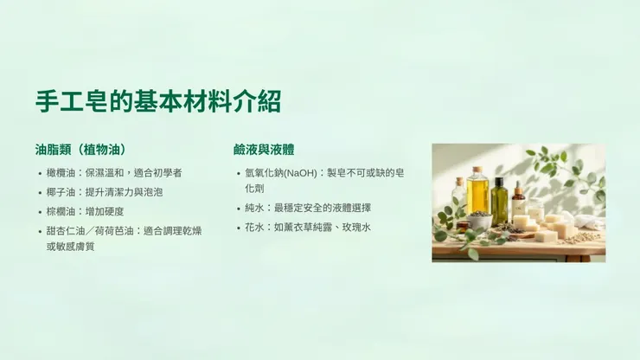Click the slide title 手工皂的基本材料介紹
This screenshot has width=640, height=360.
pyautogui.click(x=158, y=101)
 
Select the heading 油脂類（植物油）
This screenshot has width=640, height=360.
pyautogui.click(x=86, y=149)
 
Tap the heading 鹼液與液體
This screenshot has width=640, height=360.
pyautogui.click(x=265, y=149)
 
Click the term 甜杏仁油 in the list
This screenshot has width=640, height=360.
pyautogui.click(x=66, y=231)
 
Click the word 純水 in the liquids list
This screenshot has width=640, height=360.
pyautogui.click(x=254, y=208)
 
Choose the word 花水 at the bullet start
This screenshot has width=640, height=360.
pyautogui.click(x=254, y=227)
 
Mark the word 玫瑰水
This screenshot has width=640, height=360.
pyautogui.click(x=355, y=227)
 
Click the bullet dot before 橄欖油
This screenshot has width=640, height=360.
pyautogui.click(x=40, y=174)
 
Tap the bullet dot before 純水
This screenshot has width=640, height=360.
pyautogui.click(x=239, y=209)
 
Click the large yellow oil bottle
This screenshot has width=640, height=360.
pyautogui.click(x=477, y=194)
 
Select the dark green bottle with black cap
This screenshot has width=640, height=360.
pyautogui.click(x=499, y=201)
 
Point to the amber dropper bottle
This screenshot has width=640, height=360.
pyautogui.click(x=519, y=201)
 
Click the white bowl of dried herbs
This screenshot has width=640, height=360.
pyautogui.click(x=479, y=220)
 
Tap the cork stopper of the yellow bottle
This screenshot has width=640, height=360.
pyautogui.click(x=477, y=170)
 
